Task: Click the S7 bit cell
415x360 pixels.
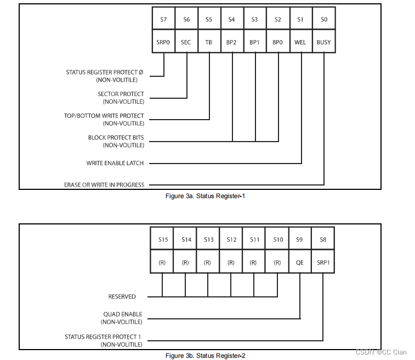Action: [163, 19]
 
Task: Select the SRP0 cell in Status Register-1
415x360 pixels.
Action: [163, 42]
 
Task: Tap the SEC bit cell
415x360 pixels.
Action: [186, 42]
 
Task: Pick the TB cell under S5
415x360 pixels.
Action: [209, 42]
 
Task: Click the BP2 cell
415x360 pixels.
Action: [232, 42]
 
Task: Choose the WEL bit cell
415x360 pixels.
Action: [300, 42]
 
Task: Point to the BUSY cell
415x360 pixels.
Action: [323, 42]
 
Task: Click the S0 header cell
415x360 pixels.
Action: [323, 19]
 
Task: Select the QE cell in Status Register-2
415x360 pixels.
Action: [300, 262]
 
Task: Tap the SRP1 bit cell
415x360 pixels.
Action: [323, 262]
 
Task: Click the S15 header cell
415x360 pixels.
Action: [162, 239]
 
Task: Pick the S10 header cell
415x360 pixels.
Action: [277, 239]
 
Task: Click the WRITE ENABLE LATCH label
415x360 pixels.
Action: [115, 163]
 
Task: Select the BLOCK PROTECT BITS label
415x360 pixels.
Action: [116, 138]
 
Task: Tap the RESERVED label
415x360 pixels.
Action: [122, 296]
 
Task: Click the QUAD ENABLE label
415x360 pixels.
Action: [123, 315]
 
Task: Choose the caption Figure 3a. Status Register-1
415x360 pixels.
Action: [205, 196]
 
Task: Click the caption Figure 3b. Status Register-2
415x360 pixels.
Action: [205, 356]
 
